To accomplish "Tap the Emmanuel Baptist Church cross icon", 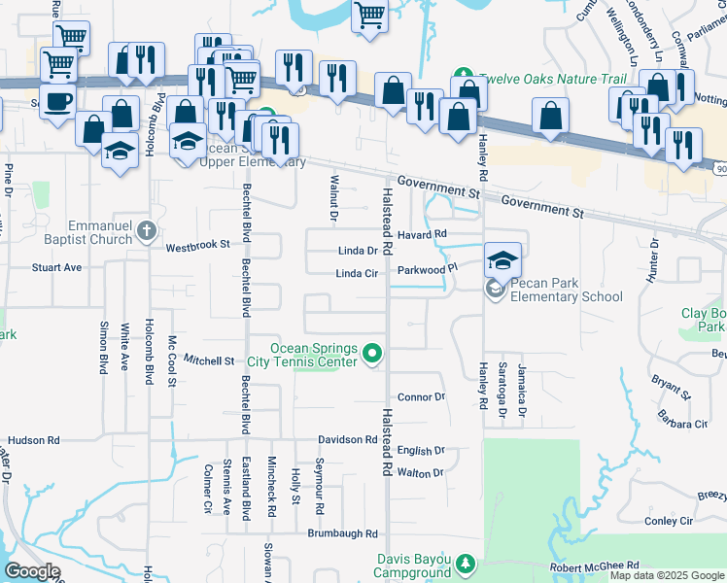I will coord(146,230).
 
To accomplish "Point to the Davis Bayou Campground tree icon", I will coord(466,564).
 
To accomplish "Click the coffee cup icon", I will coord(57,100).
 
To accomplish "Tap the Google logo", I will coord(32,571).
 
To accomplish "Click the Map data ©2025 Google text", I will coord(666,575).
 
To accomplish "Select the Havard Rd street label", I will coord(423,234).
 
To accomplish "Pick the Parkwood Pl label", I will coord(427,269).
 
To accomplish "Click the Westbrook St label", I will coord(197,247).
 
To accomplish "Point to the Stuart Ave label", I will coord(56,266).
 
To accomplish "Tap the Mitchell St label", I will coord(209,360).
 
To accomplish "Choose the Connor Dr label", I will coord(421,396).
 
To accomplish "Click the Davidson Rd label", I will coord(345,439).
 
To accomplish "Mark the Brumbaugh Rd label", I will coord(342,533).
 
